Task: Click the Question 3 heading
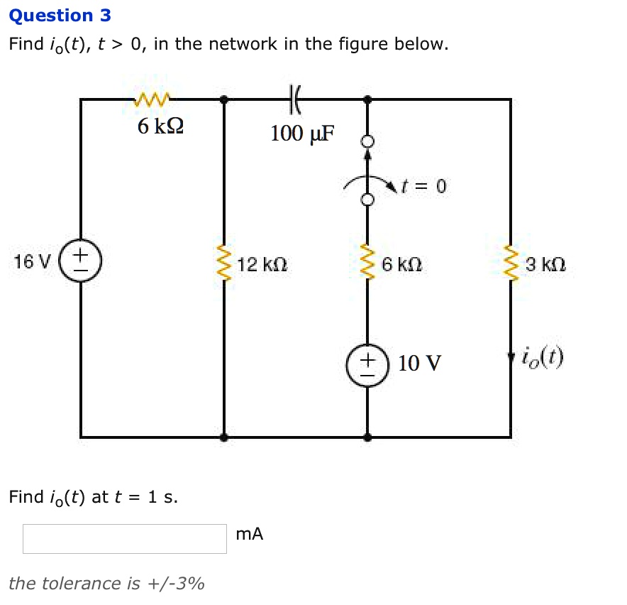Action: [x=60, y=16]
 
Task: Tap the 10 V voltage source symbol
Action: [x=367, y=365]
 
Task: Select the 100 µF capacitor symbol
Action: [x=295, y=99]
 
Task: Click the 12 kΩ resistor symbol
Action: [x=225, y=264]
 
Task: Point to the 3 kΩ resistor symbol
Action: [x=510, y=264]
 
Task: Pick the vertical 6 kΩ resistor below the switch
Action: [x=367, y=264]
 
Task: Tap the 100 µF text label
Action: [x=303, y=133]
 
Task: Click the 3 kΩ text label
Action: [x=545, y=265]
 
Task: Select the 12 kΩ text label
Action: [x=262, y=265]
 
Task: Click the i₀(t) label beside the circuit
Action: [x=543, y=356]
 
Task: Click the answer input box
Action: [x=125, y=539]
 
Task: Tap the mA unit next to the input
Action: [x=249, y=534]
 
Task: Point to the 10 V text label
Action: [x=419, y=364]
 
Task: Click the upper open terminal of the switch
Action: [x=367, y=141]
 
